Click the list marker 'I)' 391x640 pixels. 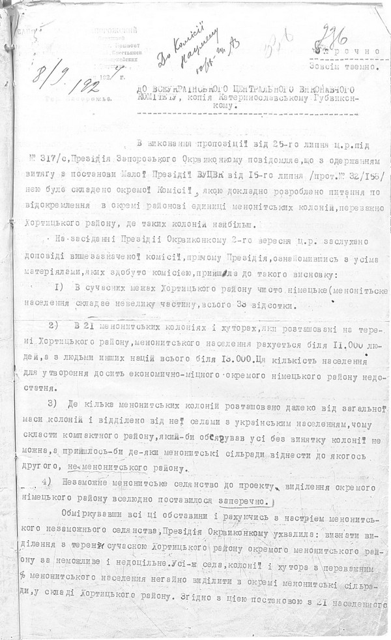(53, 288)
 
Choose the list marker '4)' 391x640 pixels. (46, 481)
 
